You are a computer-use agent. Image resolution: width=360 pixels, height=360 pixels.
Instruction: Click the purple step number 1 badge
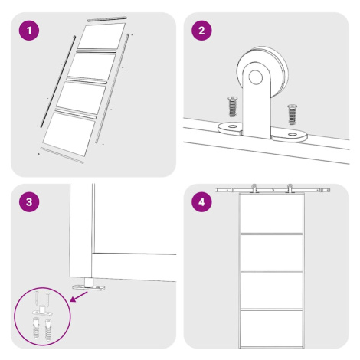click(x=29, y=31)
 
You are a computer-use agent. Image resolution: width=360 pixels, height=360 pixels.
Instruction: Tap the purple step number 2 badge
click(x=201, y=31)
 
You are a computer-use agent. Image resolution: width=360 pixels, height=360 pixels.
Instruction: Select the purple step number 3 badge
click(x=29, y=202)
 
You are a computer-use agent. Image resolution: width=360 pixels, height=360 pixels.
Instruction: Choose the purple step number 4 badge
click(x=201, y=202)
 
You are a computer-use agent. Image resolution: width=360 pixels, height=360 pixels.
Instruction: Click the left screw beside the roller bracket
click(x=232, y=106)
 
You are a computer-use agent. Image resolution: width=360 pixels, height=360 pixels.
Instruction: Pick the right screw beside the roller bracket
click(x=292, y=114)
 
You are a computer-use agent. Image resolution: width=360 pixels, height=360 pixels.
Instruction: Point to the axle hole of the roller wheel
click(x=255, y=77)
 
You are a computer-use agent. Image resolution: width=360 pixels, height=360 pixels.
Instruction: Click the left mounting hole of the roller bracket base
click(x=232, y=126)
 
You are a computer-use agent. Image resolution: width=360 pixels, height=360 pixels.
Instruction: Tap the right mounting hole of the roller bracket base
click(x=293, y=134)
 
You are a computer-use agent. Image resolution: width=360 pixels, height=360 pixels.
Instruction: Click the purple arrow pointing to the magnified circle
click(x=79, y=297)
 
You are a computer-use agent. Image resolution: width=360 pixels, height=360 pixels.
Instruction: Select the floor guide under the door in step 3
click(x=89, y=285)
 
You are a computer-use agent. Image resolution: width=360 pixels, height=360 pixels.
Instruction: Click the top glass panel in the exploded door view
click(x=102, y=36)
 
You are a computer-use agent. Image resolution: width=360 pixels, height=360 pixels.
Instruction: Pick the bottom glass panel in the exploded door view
click(x=69, y=134)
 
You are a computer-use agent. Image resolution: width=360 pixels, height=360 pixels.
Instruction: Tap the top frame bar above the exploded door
click(x=106, y=19)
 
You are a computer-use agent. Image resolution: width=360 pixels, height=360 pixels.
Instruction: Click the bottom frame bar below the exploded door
click(x=62, y=155)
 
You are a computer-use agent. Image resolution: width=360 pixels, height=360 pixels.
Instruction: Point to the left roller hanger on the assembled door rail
click(x=254, y=188)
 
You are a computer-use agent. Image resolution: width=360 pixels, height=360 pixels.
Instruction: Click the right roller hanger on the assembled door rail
click(x=290, y=188)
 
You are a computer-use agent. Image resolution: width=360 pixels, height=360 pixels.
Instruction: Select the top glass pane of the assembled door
click(x=271, y=214)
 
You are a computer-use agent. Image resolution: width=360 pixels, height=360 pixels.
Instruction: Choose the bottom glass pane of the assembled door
click(x=271, y=329)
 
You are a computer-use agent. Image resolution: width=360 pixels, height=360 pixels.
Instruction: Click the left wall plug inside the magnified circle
click(x=37, y=328)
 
